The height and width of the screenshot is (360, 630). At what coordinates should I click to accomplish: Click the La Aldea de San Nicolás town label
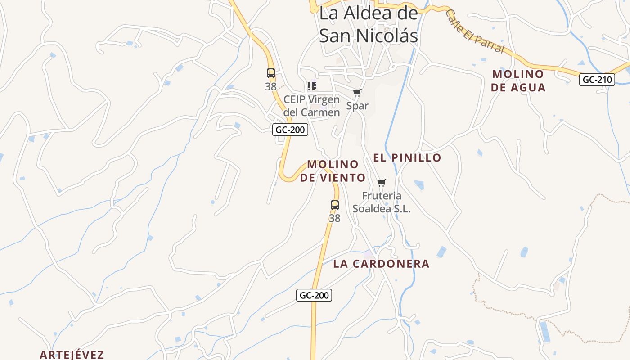369,24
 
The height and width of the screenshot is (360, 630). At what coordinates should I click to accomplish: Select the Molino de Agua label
518,81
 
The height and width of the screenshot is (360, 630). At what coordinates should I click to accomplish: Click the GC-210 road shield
597,80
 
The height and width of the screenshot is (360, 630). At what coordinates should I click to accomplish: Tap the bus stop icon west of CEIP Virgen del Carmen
270,73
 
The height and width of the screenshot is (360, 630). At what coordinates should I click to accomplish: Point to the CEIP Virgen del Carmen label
311,106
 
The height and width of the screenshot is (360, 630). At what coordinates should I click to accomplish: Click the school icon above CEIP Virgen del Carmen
311,86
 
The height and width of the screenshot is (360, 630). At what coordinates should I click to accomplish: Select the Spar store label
357,106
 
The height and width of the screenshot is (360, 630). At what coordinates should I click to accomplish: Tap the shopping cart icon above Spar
357,93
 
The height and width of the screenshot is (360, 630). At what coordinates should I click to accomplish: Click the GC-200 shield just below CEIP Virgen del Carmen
290,130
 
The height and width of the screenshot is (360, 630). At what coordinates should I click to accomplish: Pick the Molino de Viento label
333,171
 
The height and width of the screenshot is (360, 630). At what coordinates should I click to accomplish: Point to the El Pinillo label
407,157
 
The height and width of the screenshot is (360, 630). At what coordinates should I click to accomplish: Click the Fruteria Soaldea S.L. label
382,202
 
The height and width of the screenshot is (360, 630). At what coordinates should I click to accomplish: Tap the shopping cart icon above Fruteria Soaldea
382,183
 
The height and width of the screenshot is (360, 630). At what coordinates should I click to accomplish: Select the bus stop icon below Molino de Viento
334,205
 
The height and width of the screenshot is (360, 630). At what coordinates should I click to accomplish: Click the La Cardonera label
381,264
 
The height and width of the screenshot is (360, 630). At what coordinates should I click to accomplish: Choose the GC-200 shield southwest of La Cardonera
314,295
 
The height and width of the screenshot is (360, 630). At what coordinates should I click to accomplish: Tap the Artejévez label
72,355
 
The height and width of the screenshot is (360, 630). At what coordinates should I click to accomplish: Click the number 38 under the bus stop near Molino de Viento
334,218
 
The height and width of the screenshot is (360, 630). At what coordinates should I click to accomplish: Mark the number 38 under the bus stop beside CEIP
270,86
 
